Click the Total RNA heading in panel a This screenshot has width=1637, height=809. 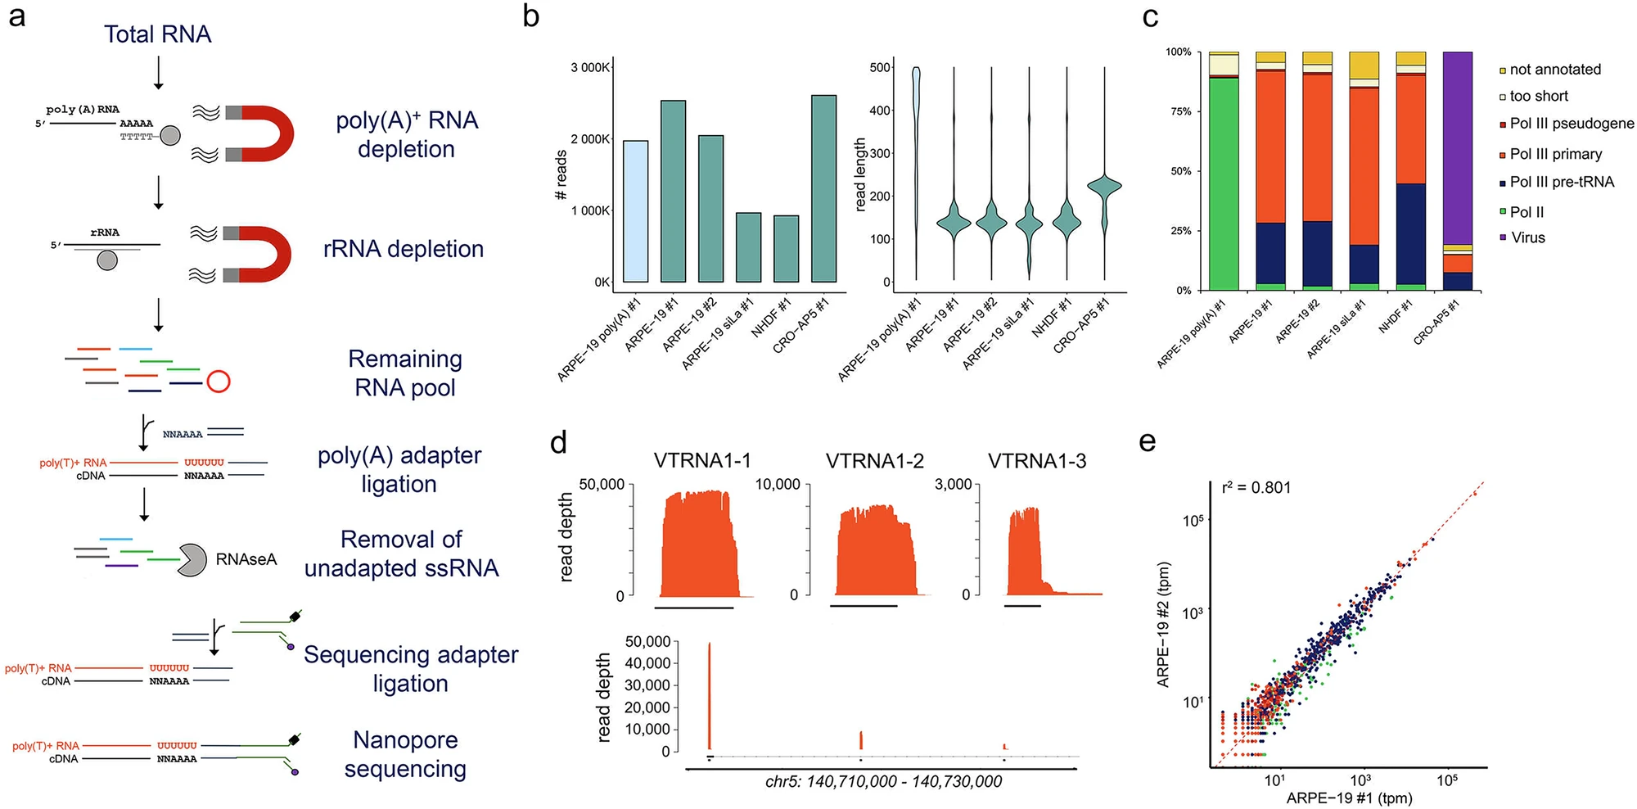coord(157,34)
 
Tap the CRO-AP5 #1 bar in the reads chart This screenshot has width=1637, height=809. coord(823,188)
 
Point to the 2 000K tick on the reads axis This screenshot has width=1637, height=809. coord(590,139)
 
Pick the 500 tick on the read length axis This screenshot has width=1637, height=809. coord(880,68)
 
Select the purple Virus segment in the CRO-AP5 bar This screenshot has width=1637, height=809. coord(1457,147)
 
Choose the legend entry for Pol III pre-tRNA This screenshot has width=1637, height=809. coord(1561,182)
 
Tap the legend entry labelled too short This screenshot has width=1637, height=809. coord(1538,97)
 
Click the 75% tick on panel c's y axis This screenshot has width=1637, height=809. coord(1179,111)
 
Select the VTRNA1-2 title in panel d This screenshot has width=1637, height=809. coord(874,461)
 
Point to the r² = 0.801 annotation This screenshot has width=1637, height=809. coord(1256,488)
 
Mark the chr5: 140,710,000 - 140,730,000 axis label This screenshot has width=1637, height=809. coord(883,782)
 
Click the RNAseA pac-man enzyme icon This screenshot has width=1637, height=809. coord(192,560)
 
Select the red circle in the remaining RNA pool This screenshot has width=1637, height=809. coord(219,382)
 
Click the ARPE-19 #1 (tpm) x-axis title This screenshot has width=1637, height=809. coord(1349,798)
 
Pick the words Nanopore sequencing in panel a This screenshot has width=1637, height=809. coord(405,754)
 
